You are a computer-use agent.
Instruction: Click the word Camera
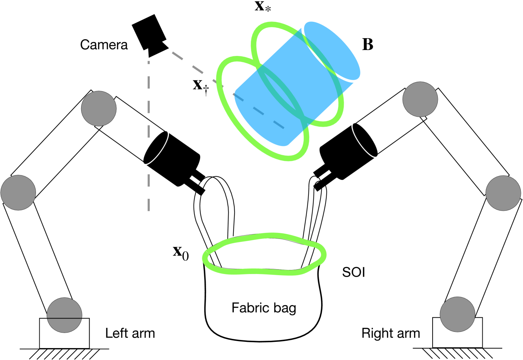click(104, 45)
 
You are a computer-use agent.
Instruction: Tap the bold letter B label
click(367, 44)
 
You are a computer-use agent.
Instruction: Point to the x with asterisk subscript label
click(263, 6)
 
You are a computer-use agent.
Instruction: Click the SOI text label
click(353, 272)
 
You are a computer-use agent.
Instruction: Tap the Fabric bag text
click(264, 308)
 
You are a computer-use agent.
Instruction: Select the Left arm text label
click(130, 333)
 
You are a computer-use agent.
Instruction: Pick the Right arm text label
click(391, 333)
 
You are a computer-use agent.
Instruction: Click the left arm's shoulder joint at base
click(64, 315)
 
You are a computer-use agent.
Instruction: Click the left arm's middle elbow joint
click(18, 193)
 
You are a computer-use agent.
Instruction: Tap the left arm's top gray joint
click(99, 109)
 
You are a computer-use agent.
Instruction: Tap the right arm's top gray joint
click(420, 99)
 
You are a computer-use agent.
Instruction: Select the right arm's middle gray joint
click(503, 193)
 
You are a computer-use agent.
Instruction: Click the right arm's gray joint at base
click(457, 314)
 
